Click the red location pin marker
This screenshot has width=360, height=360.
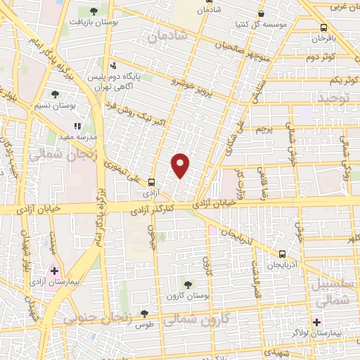coord(181,165)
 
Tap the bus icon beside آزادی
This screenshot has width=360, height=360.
coord(152,182)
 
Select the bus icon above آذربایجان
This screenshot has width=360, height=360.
coord(282,254)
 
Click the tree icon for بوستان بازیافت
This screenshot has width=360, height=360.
coord(94,11)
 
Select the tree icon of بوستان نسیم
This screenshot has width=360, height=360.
coord(55,94)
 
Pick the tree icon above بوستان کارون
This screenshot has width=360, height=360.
coord(187,283)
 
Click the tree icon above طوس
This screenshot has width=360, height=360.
coord(144,314)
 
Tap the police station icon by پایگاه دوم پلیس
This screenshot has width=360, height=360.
coord(110,65)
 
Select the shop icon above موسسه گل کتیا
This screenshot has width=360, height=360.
coord(262,13)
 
